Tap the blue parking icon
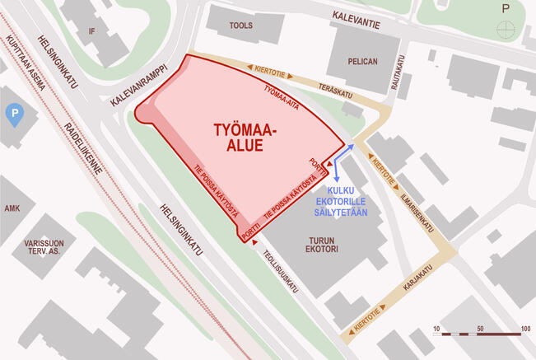pos(12,115)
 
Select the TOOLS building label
pos(240,26)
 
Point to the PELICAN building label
pos(362,61)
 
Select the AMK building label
pos(12,209)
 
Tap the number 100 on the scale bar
pos(524,329)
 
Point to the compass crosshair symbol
pos(505,31)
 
